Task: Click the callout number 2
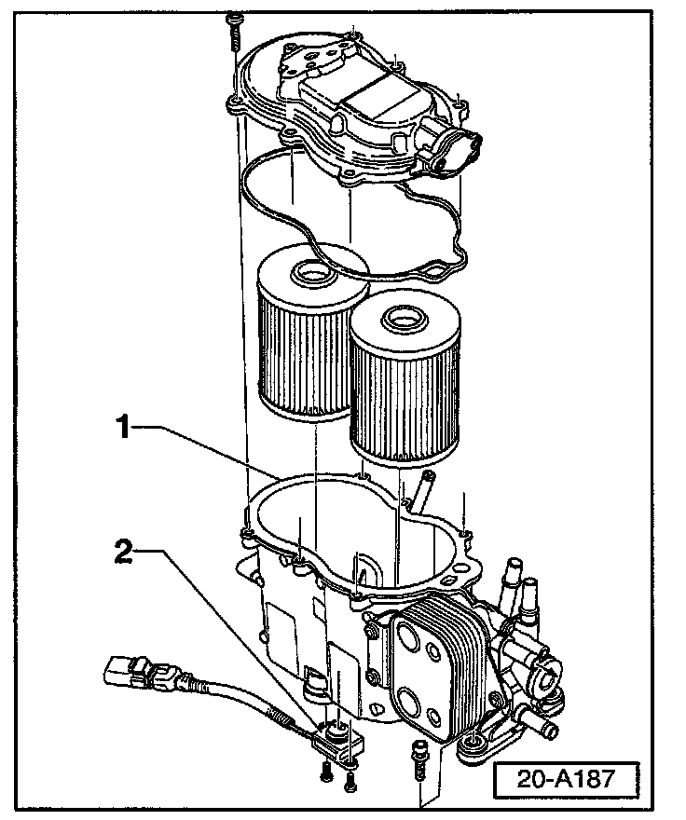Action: coord(124,552)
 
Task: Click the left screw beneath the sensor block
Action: coord(325,771)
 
